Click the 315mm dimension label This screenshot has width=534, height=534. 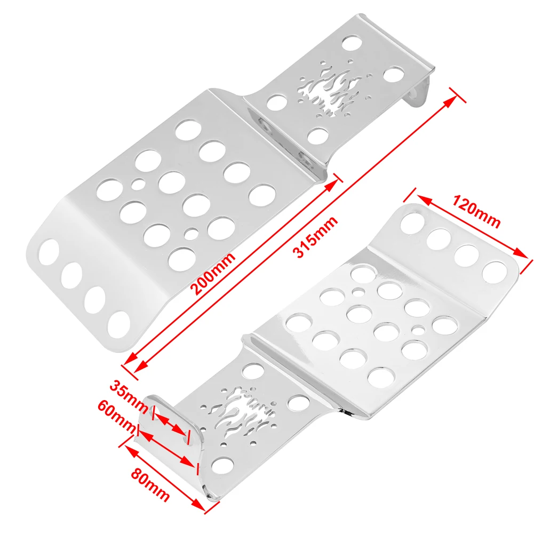pos(315,237)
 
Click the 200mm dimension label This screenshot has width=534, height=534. pos(212,274)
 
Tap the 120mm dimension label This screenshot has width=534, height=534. pos(476,211)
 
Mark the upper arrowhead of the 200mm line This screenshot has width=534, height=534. pos(331,186)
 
